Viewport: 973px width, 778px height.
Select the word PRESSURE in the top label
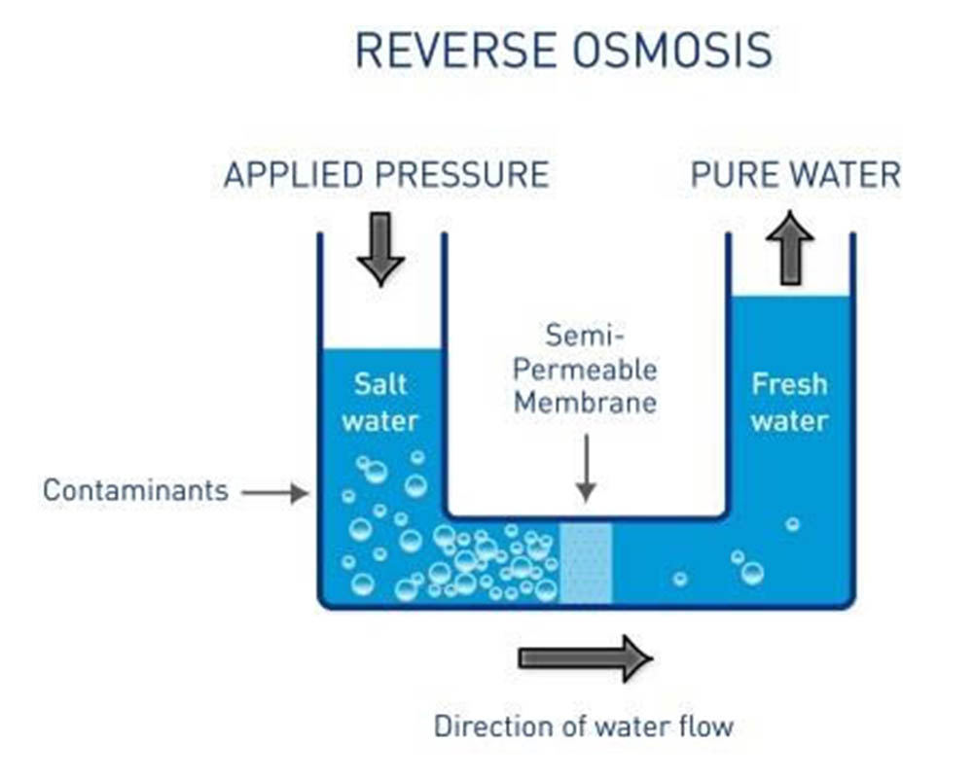[x=462, y=175]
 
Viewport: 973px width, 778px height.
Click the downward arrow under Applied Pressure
[x=380, y=249]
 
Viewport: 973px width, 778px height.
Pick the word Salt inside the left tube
[x=380, y=383]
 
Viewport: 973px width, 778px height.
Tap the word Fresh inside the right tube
[x=789, y=384]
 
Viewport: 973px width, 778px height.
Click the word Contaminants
[x=135, y=490]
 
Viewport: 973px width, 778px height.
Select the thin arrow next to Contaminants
[x=274, y=493]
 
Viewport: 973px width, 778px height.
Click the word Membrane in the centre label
[x=586, y=402]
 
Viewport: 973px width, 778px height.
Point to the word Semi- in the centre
[x=586, y=336]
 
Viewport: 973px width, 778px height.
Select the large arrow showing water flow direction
[x=585, y=658]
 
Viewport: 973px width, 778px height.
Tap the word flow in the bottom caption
[x=706, y=725]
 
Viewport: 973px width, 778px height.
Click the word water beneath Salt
[x=380, y=420]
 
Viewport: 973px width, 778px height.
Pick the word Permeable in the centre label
[x=586, y=370]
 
